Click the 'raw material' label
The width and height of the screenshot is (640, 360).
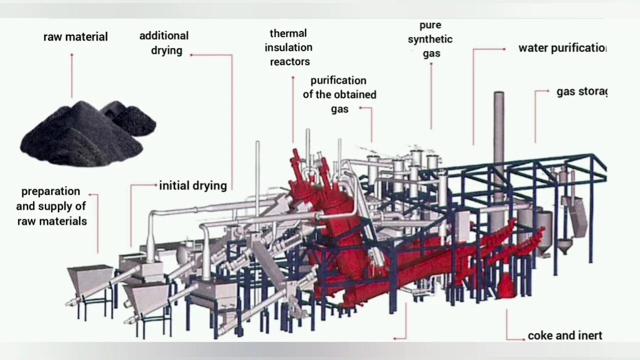point(75,37)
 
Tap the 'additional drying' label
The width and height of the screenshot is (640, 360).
point(164,43)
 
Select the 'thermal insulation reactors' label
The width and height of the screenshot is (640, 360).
point(289,47)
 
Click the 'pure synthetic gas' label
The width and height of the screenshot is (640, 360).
point(430,39)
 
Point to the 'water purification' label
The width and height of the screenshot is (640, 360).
point(562,48)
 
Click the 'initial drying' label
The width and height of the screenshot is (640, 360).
point(193,186)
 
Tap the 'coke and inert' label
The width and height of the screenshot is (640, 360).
point(565,335)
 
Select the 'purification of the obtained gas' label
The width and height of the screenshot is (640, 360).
point(339,94)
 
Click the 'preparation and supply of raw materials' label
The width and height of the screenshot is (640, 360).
point(51,206)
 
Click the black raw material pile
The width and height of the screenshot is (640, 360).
point(85,132)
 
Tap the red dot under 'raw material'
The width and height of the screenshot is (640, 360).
point(71,55)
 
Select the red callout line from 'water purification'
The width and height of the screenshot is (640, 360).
point(473,95)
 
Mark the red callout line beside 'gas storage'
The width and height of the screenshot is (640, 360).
point(535,115)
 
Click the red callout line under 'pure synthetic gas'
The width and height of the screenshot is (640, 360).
point(431,95)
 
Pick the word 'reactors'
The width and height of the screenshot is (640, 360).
point(290,62)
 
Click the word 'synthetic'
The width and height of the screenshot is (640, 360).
point(430,39)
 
